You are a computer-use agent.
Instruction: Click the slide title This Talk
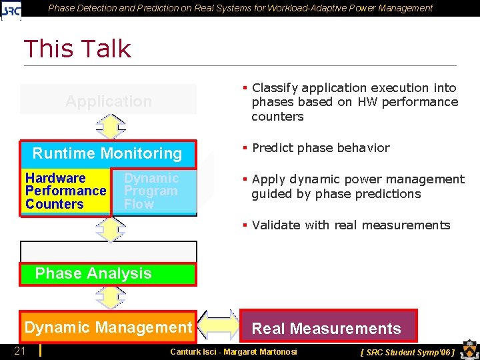click(x=77, y=49)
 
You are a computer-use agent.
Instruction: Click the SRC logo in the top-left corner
click(x=11, y=9)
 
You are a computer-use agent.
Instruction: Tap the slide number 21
click(x=20, y=351)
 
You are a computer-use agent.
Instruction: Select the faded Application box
click(x=108, y=100)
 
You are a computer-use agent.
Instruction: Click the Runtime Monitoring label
click(x=107, y=153)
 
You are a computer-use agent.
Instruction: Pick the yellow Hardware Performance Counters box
click(x=65, y=191)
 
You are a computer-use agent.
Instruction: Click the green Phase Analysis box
click(x=108, y=274)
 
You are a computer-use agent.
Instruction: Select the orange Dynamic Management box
click(x=108, y=327)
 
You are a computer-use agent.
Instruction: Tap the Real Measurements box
click(x=327, y=328)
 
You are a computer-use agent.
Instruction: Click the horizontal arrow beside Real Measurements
click(x=217, y=326)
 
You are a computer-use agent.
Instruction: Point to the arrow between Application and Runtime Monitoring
click(x=110, y=127)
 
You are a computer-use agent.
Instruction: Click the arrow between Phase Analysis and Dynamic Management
click(x=110, y=297)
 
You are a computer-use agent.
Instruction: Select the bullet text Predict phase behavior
click(x=320, y=148)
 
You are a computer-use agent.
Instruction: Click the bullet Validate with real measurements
click(x=351, y=225)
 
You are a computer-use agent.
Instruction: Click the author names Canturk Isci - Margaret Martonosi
click(x=233, y=351)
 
